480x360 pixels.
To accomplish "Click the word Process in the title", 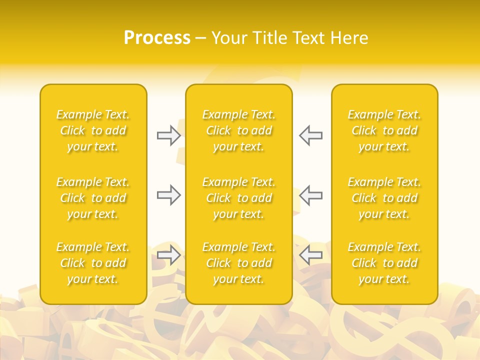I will click(157, 38).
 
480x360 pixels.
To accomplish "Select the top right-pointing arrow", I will click(168, 135).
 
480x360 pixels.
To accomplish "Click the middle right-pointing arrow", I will click(168, 195).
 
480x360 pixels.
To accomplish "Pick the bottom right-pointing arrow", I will click(168, 255).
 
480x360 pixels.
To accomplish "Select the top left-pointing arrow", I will click(311, 135).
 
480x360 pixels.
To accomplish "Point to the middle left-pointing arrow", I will click(311, 195).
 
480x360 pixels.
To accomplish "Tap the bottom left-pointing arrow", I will click(311, 255).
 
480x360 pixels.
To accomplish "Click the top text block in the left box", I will click(93, 130).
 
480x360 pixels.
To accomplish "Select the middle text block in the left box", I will click(93, 198).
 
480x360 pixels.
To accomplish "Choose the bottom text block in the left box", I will click(93, 263).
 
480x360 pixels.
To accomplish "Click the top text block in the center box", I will click(239, 130).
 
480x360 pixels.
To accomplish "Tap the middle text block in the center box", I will click(239, 198).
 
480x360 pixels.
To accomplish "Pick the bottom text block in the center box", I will click(239, 263).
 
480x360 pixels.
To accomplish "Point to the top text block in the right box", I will click(384, 130).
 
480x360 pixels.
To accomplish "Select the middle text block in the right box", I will click(384, 198).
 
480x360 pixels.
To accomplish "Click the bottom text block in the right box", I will click(384, 263).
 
